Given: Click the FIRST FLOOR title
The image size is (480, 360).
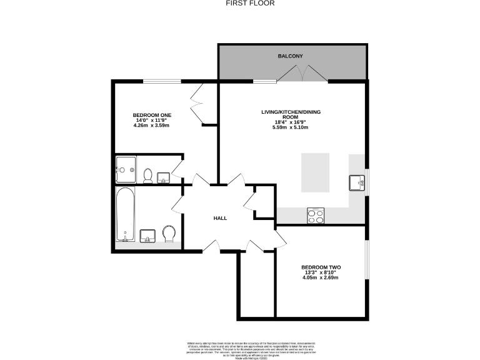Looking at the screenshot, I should click(240, 3).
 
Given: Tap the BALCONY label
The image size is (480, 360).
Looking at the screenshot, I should click(290, 56).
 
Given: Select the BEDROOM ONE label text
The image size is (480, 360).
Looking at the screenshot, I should click(152, 115).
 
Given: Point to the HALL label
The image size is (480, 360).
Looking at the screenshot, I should click(220, 218).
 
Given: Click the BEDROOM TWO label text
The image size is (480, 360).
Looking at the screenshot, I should click(321, 267).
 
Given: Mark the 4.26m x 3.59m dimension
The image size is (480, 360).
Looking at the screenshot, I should click(152, 126).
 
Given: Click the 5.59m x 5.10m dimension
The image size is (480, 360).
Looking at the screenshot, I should click(290, 127).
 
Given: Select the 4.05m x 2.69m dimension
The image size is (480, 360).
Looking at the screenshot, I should click(321, 277).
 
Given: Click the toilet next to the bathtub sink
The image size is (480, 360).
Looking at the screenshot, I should click(168, 234).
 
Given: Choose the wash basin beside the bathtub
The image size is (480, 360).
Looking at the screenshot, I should click(149, 235).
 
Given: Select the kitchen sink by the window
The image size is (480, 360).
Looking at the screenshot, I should click(357, 182).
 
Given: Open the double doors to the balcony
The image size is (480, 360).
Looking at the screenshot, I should click(302, 75).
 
